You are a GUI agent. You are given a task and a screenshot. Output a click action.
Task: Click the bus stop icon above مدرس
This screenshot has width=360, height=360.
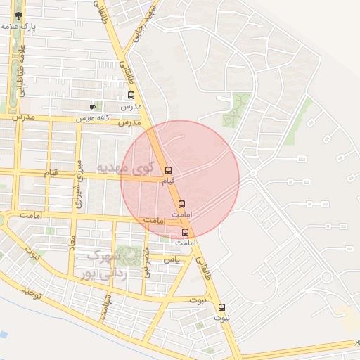[x=131, y=96]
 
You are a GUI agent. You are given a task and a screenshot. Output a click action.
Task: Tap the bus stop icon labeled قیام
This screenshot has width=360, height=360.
[x=167, y=170]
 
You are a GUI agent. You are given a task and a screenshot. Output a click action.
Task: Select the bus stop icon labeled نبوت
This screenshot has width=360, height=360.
[x=221, y=307]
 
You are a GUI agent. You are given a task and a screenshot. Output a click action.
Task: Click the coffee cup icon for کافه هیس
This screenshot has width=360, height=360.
[x=92, y=107]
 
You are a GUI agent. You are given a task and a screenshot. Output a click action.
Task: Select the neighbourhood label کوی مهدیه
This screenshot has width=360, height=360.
[x=124, y=167]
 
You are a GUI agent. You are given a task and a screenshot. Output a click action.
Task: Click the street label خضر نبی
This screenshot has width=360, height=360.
[x=147, y=262]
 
